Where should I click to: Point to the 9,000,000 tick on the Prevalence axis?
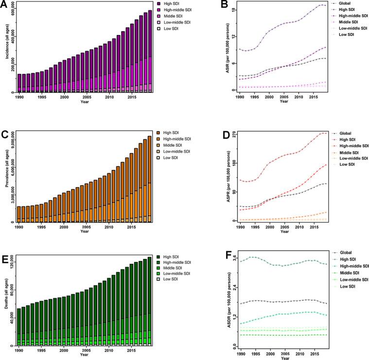[13, 141]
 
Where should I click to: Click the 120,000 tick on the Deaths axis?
[13, 263]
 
